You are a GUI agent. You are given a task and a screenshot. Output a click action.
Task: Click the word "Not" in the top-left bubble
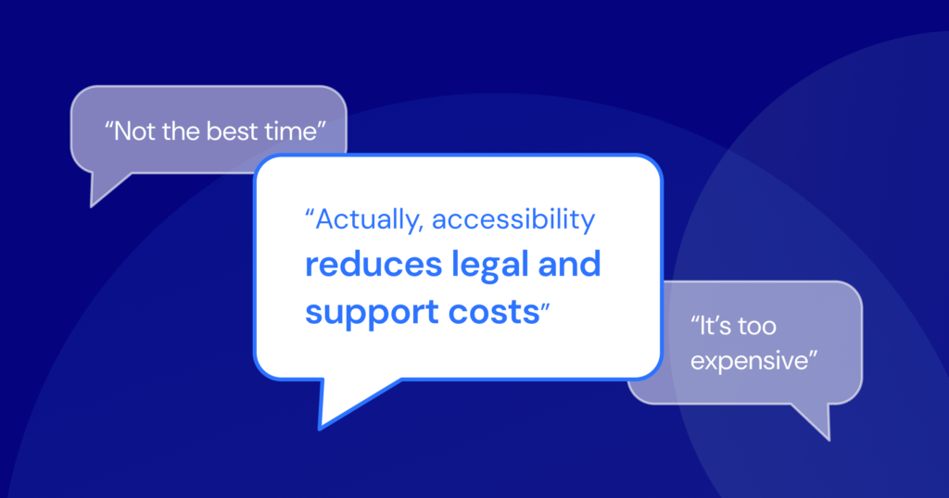coord(134,131)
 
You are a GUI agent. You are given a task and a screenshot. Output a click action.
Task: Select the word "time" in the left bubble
coord(290,131)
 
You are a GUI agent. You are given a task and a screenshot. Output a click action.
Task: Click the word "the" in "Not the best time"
coord(181,131)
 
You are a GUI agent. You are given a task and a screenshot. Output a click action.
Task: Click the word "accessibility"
coord(513,218)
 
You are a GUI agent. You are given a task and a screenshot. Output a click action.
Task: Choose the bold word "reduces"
coord(373,265)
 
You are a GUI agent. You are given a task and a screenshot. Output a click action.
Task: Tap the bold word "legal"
coord(490,266)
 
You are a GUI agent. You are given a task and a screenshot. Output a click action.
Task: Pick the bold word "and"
coord(569,264)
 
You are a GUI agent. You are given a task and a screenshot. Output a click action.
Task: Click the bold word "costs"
coord(493,313)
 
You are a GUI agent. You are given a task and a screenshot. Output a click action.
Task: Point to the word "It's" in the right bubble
coord(715,327)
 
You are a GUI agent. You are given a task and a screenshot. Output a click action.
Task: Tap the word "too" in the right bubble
coord(757,327)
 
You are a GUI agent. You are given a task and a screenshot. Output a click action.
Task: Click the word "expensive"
coord(749,361)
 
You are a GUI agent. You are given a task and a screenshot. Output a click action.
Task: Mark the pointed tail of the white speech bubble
coord(320,428)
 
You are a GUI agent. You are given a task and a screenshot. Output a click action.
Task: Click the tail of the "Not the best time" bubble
coord(92,205)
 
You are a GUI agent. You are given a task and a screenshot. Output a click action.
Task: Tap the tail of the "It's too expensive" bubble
coord(828,439)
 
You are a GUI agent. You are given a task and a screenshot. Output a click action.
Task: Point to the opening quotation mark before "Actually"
coord(310,213)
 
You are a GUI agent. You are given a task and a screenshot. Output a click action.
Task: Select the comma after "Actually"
coord(420,230)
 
